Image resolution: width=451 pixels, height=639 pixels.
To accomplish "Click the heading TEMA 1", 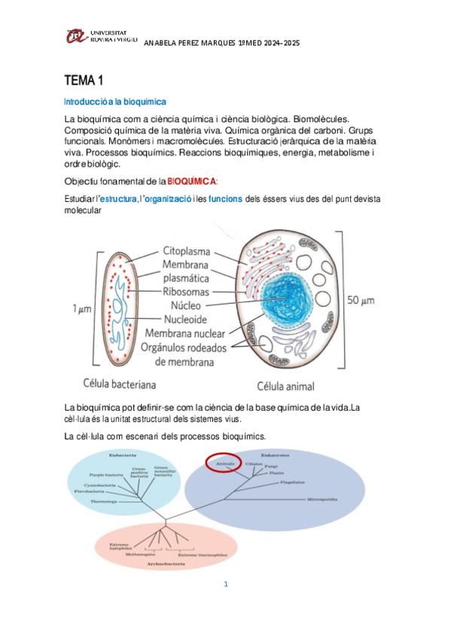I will coord(84,81).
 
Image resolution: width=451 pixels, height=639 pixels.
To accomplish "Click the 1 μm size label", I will coord(84,308).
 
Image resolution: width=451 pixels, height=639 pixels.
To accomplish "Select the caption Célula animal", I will coord(286,387).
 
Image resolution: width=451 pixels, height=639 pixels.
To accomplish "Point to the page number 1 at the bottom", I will coord(225,584).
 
